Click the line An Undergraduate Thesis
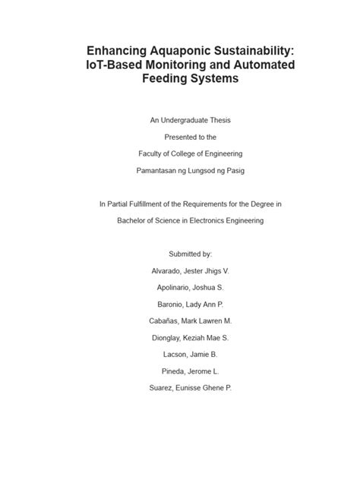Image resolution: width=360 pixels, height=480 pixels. tap(180, 120)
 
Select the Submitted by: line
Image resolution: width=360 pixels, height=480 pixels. tap(180, 254)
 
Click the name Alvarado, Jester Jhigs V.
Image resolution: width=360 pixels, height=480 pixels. tap(180, 271)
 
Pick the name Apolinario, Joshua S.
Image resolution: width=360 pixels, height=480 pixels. tap(180, 288)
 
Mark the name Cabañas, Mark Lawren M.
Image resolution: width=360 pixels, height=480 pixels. tap(180, 321)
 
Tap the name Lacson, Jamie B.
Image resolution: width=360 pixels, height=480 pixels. tap(180, 355)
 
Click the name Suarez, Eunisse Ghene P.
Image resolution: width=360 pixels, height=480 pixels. tap(180, 388)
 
